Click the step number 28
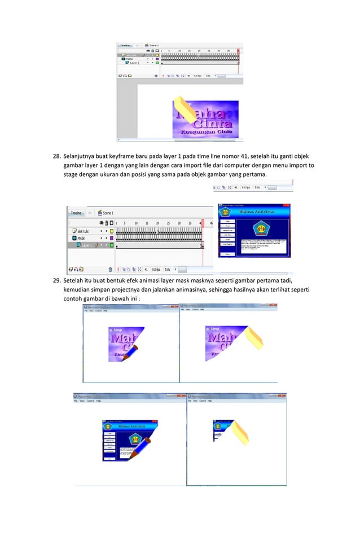click(56, 156)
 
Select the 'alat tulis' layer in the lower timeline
click(84, 231)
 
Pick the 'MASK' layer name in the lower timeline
click(82, 238)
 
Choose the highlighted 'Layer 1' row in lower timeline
click(87, 245)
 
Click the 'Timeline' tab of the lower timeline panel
click(76, 213)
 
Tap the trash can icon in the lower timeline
click(110, 269)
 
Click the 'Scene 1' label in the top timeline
click(153, 45)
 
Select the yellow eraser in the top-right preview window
click(252, 337)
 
